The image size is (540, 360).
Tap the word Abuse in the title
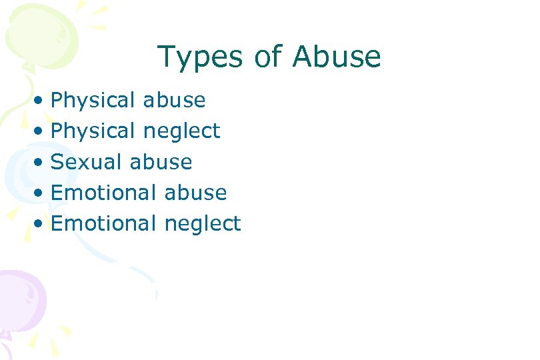[337, 57]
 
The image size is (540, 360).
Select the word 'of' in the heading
[269, 57]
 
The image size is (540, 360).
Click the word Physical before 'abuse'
[93, 101]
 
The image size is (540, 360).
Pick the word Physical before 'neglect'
[93, 131]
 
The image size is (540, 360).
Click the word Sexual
[87, 162]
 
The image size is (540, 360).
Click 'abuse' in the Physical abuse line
[175, 101]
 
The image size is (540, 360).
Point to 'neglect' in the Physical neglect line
[182, 132]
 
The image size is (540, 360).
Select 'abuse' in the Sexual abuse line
[161, 162]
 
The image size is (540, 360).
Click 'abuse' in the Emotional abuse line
[196, 193]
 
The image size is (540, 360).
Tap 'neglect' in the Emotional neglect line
[203, 224]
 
